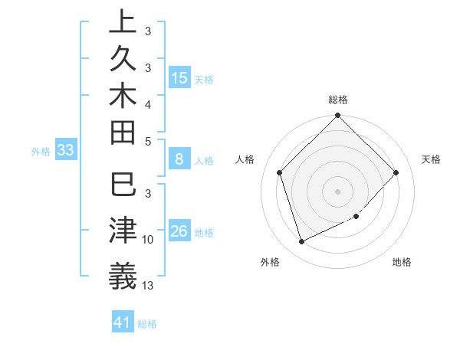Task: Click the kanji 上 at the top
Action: [x=123, y=21]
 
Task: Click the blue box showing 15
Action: [x=179, y=78]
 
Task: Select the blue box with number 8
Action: [x=179, y=160]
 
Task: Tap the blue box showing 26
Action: [x=179, y=231]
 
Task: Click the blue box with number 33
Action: [x=66, y=150]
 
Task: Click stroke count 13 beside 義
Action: [x=148, y=286]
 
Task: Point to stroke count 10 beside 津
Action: [x=148, y=240]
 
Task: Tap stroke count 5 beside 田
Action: [x=148, y=141]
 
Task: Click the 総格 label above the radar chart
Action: [x=338, y=100]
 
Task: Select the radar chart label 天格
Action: [x=431, y=159]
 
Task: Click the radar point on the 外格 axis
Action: [x=301, y=242]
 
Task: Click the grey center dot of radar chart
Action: [x=338, y=191]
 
